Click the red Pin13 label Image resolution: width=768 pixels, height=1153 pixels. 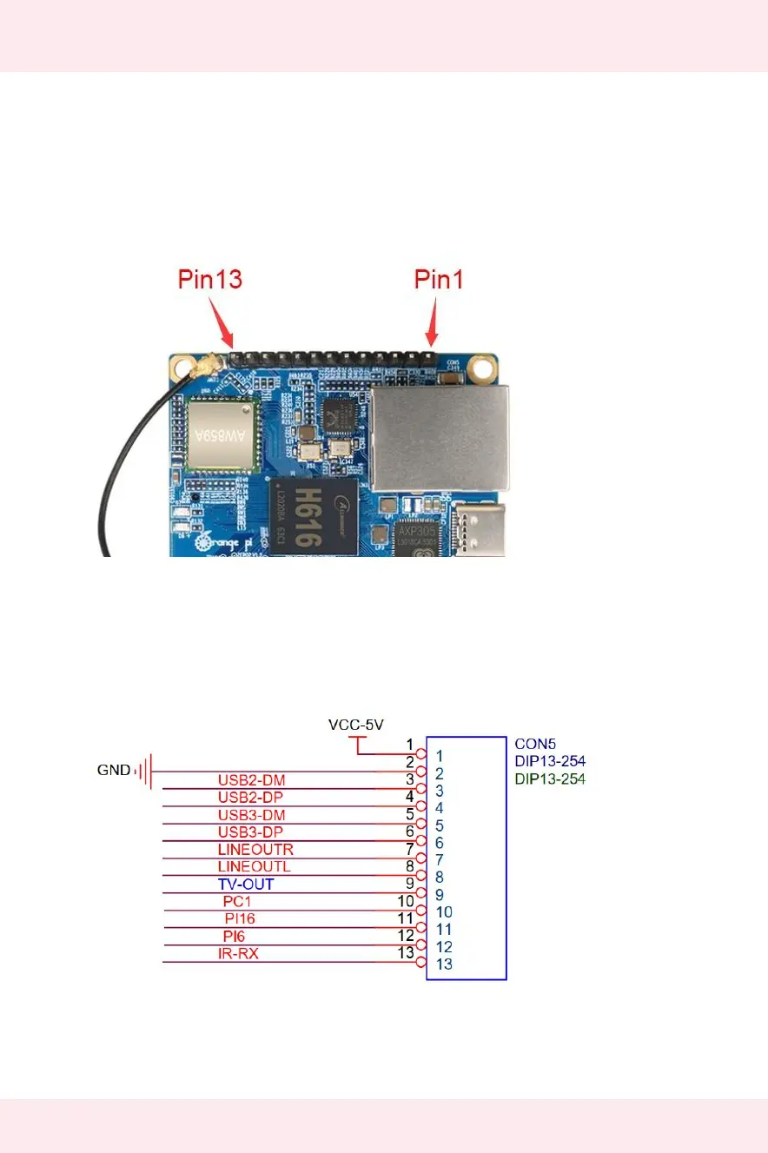209,280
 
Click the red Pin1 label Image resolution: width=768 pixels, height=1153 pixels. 440,280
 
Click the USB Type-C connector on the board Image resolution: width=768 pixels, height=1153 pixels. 477,529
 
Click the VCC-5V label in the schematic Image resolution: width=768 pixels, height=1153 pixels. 356,724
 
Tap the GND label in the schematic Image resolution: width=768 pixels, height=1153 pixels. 114,770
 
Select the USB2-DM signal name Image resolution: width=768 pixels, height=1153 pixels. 251,779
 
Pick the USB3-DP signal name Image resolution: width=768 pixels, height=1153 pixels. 251,832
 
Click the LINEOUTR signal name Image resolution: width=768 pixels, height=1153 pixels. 255,849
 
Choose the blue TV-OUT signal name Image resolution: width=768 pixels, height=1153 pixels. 246,884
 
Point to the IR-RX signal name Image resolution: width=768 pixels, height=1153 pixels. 238,954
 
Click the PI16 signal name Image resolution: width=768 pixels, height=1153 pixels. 239,918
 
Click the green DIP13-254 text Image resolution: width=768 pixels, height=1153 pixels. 550,779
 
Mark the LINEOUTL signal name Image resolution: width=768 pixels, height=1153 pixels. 254,866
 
